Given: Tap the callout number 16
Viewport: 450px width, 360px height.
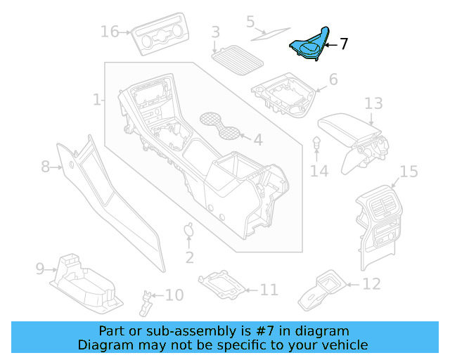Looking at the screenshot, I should pos(110,32).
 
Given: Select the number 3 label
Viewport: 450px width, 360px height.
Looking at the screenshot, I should pos(216,32).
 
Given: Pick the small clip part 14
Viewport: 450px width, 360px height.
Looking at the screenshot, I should pos(317,144).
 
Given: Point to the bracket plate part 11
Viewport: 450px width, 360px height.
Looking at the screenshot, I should pos(224,283).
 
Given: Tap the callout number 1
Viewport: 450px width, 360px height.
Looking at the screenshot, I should pos(97,100).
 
